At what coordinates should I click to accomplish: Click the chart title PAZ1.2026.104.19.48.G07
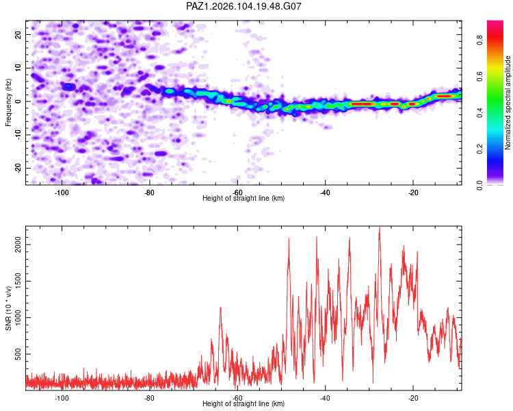(x=244, y=6)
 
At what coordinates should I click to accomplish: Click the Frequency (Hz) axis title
(x=8, y=103)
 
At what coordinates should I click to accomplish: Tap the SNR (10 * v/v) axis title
(x=8, y=308)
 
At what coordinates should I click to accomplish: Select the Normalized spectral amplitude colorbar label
(x=508, y=103)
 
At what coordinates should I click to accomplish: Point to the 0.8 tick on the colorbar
(x=479, y=40)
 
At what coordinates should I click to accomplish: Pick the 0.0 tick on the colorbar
(x=479, y=185)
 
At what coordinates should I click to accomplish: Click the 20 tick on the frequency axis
(x=18, y=34)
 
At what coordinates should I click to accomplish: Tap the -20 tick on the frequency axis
(x=18, y=168)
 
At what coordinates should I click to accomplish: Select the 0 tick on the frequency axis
(x=18, y=101)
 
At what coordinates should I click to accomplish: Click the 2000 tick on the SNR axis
(x=18, y=245)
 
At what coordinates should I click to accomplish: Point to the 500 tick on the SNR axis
(x=18, y=354)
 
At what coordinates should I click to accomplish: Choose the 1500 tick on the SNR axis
(x=18, y=281)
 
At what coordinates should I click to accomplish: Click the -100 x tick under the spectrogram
(x=61, y=192)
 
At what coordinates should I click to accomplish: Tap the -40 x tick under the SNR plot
(x=325, y=398)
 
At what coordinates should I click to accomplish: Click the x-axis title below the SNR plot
(x=244, y=403)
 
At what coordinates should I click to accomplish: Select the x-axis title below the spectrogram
(x=244, y=198)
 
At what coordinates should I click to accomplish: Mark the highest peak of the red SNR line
(x=380, y=227)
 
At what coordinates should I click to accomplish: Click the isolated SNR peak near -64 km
(x=220, y=308)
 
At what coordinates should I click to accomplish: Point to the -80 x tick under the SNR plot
(x=149, y=398)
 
